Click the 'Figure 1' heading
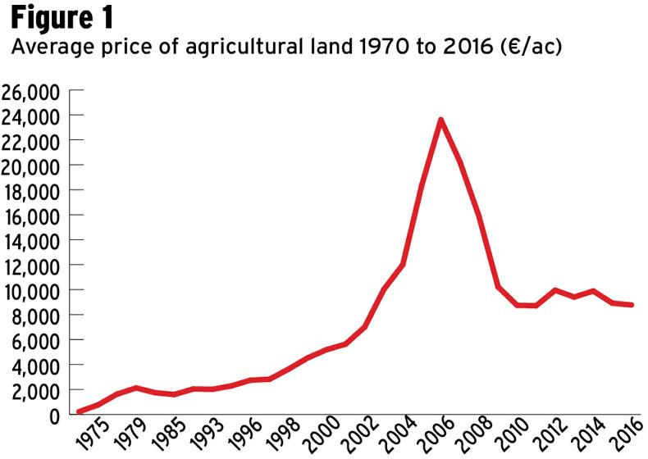(62, 18)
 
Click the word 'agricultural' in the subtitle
(245, 47)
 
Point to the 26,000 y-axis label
(30, 92)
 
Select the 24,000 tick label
(30, 117)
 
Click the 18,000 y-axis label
(31, 192)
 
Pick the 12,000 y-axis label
(31, 267)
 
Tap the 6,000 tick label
(36, 342)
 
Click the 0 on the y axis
(55, 416)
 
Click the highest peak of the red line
(441, 120)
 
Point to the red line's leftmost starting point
(80, 411)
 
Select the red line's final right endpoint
(632, 304)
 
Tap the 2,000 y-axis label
(36, 392)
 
